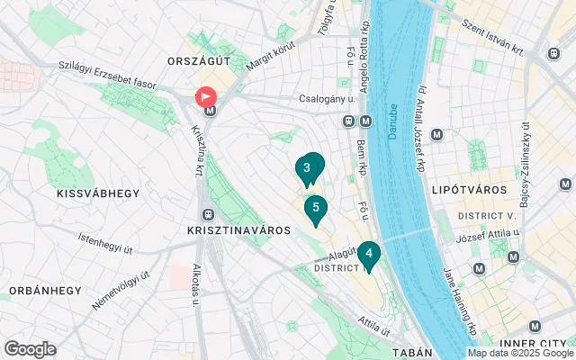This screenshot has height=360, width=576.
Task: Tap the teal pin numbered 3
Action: [x=308, y=168]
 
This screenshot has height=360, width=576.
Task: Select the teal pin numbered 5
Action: [x=314, y=209]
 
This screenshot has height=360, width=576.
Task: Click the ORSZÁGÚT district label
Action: [x=200, y=59]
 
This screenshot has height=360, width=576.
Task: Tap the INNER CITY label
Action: [x=532, y=344]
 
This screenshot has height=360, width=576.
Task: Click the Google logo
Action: [x=30, y=348]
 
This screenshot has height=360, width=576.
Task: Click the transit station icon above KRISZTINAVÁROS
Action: [x=209, y=215]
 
